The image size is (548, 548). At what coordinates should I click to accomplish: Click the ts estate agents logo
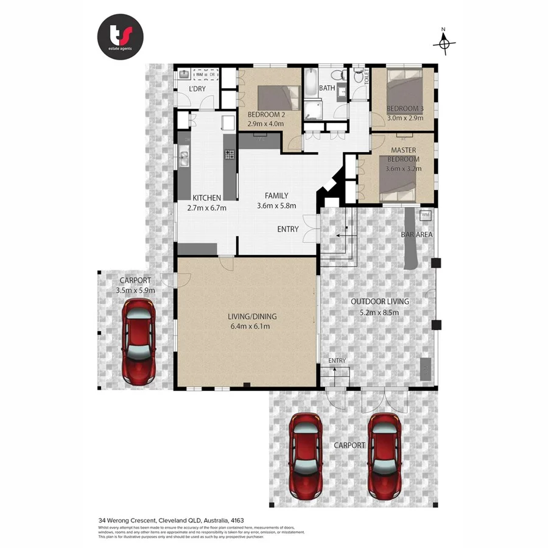[120, 37]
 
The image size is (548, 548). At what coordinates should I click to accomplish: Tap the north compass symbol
[444, 42]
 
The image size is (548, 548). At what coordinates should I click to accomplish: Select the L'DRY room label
[197, 90]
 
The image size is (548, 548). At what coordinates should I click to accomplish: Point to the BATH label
[327, 88]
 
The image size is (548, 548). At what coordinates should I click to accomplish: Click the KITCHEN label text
[206, 198]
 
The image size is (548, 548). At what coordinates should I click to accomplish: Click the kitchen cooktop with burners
[230, 155]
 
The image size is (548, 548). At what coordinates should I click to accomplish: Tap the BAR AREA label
[416, 234]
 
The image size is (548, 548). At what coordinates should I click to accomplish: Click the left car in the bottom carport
[305, 455]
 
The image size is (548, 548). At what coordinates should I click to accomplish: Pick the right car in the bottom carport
[385, 455]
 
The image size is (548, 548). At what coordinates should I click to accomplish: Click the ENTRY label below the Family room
[288, 230]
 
